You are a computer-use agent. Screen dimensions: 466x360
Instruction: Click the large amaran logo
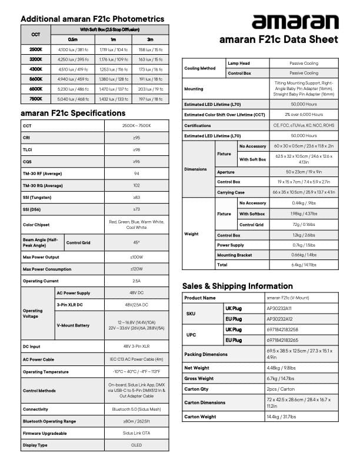(x=295, y=22)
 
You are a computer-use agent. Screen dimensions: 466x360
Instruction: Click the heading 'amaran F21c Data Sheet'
(x=278, y=40)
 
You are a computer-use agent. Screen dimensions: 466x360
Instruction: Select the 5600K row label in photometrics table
(x=35, y=78)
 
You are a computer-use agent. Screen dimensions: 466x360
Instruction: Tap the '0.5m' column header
(x=72, y=38)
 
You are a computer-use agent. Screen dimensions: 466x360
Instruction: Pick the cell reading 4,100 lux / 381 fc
(x=72, y=49)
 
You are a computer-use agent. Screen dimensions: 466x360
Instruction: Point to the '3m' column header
(x=150, y=38)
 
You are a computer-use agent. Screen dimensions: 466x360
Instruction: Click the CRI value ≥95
(x=136, y=138)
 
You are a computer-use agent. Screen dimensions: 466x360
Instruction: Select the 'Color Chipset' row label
(x=36, y=224)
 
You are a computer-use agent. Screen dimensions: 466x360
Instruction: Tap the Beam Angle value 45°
(x=136, y=242)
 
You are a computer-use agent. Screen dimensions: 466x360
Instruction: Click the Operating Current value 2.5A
(x=136, y=281)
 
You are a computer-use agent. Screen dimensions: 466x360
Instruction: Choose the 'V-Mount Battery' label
(x=74, y=325)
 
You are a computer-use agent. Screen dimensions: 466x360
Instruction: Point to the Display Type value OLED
(x=136, y=445)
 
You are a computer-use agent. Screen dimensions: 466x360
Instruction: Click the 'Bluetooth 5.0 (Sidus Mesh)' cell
(x=136, y=408)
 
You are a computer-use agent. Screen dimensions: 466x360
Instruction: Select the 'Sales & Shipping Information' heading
(x=237, y=286)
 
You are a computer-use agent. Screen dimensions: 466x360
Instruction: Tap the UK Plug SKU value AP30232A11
(x=279, y=308)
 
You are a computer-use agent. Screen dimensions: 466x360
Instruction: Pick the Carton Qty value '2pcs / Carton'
(x=279, y=389)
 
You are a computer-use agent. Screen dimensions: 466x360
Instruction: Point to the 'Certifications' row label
(x=198, y=125)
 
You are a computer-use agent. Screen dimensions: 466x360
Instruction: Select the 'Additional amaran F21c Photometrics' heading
(x=92, y=19)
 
